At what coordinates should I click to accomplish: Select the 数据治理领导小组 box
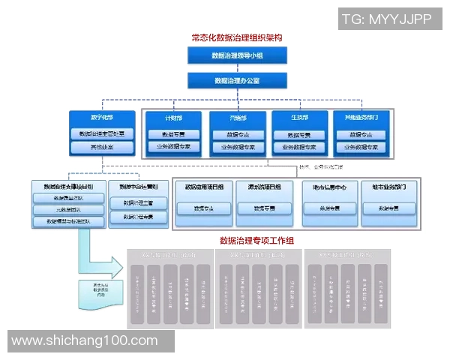coord(237,55)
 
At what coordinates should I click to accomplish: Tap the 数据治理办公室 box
coord(237,80)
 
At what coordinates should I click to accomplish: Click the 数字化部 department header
coord(102,118)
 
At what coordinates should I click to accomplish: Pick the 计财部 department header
coord(174,118)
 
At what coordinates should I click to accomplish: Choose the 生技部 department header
coord(299,118)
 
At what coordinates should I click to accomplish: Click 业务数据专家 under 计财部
coord(174,147)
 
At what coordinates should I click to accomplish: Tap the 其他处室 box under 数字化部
coord(102,148)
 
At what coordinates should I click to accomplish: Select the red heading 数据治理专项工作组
coord(257,241)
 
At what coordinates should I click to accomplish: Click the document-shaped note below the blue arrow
coord(99,292)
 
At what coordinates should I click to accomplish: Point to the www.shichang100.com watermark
coord(85,341)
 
